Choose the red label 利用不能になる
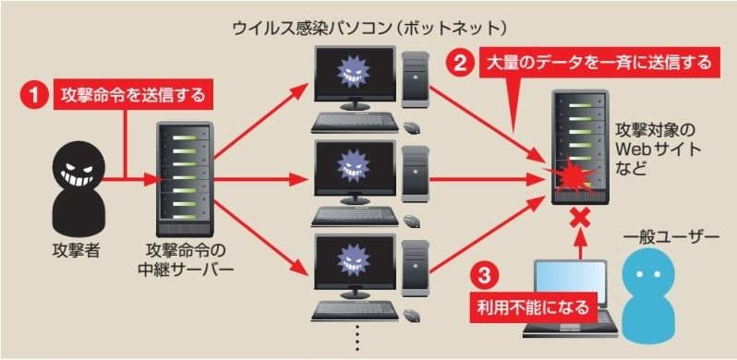coord(532,306)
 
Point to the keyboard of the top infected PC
coord(355,122)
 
